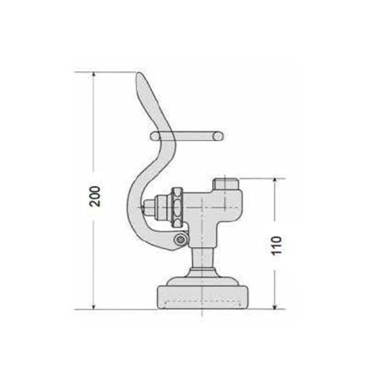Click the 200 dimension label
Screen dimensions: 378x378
95,196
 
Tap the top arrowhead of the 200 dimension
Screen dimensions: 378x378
94,75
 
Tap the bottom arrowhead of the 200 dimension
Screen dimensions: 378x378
94,306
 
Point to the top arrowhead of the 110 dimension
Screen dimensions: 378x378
274,181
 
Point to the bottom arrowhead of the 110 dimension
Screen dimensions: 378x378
274,306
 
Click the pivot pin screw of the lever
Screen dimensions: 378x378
180,240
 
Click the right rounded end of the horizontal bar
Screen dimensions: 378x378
218,136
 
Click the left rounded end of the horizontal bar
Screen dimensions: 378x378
155,136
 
